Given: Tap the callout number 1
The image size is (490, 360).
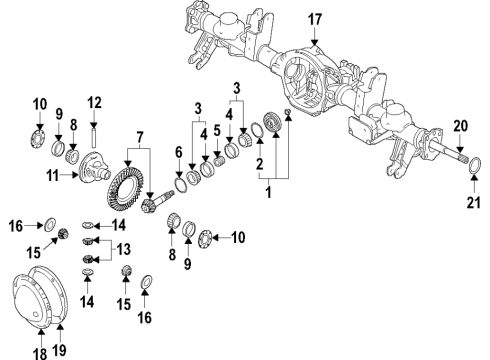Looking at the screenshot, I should pyautogui.click(x=266, y=190).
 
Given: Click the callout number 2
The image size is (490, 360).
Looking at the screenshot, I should pyautogui.click(x=258, y=163).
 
